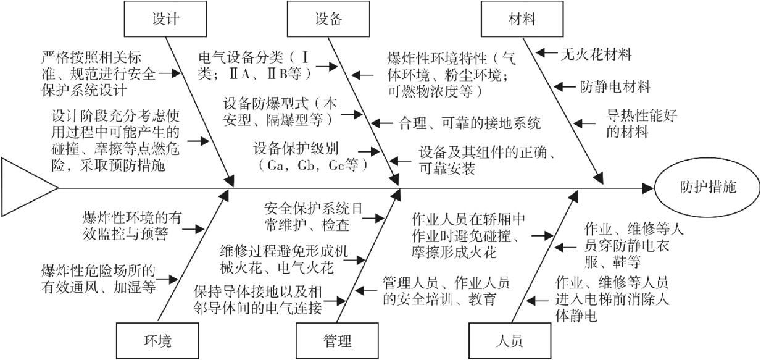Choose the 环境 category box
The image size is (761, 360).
(152, 340)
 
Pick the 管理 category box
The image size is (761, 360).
(337, 340)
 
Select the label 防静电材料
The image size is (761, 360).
(614, 87)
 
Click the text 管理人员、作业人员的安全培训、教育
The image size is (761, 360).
(446, 290)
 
